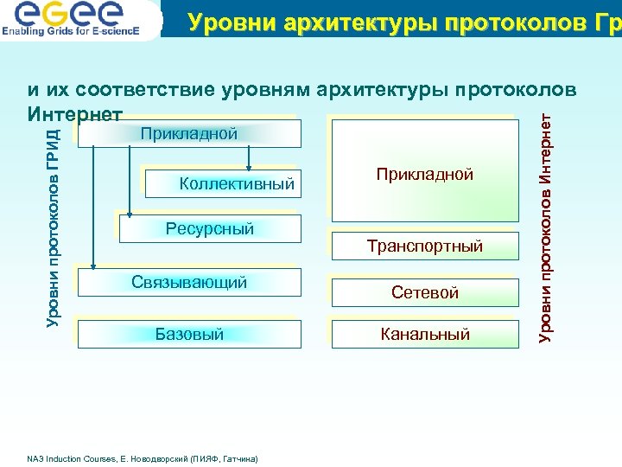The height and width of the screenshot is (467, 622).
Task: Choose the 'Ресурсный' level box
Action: coord(210,228)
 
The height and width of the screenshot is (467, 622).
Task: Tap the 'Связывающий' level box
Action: coord(189,282)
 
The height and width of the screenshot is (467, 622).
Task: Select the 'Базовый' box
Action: coord(189,334)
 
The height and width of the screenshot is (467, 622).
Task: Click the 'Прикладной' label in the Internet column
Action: coord(424,174)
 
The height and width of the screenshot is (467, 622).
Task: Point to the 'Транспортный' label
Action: coord(424,246)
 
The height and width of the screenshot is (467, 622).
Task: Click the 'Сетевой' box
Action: coord(424,292)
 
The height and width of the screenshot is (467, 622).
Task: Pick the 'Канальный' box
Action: coord(424,334)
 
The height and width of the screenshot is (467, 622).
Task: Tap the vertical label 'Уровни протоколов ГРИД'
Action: coord(53,227)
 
